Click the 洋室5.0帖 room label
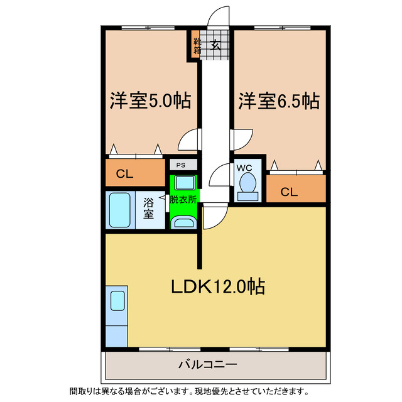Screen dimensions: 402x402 click(x=151, y=100)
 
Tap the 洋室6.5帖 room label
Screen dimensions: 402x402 click(x=278, y=100)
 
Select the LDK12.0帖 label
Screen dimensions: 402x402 click(x=219, y=287)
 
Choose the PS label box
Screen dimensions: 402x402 click(x=181, y=165)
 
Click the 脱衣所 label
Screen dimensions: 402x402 click(x=183, y=199)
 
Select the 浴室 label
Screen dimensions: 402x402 click(x=149, y=209)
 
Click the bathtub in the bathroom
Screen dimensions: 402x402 click(x=120, y=210)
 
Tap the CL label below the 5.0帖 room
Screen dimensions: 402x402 click(x=124, y=174)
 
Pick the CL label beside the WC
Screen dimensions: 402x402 click(x=288, y=192)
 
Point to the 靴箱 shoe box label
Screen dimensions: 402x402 click(x=197, y=45)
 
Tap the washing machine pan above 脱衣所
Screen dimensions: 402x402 click(x=184, y=183)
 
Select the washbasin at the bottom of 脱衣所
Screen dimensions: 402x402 click(x=184, y=223)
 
